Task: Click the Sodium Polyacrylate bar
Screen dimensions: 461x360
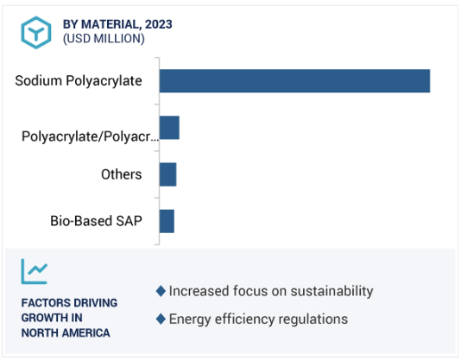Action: [294, 81]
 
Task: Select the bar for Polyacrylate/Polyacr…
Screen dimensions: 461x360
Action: [169, 128]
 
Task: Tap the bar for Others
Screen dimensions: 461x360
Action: [167, 174]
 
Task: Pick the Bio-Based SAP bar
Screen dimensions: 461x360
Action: [167, 221]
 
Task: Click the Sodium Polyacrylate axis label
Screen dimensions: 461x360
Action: [79, 81]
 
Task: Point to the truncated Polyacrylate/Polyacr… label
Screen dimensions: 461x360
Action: [91, 136]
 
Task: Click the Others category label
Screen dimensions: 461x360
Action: [122, 174]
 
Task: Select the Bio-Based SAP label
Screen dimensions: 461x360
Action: [96, 221]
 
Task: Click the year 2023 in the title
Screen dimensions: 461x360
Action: [159, 24]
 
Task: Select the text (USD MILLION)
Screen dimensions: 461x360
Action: [104, 39]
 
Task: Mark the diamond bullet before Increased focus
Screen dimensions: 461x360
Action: [161, 291]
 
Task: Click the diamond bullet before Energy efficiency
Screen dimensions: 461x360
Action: [161, 319]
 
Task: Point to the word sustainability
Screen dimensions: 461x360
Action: [332, 291]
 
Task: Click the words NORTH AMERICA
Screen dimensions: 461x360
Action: [66, 333]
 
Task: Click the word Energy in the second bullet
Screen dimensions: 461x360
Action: [190, 319]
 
